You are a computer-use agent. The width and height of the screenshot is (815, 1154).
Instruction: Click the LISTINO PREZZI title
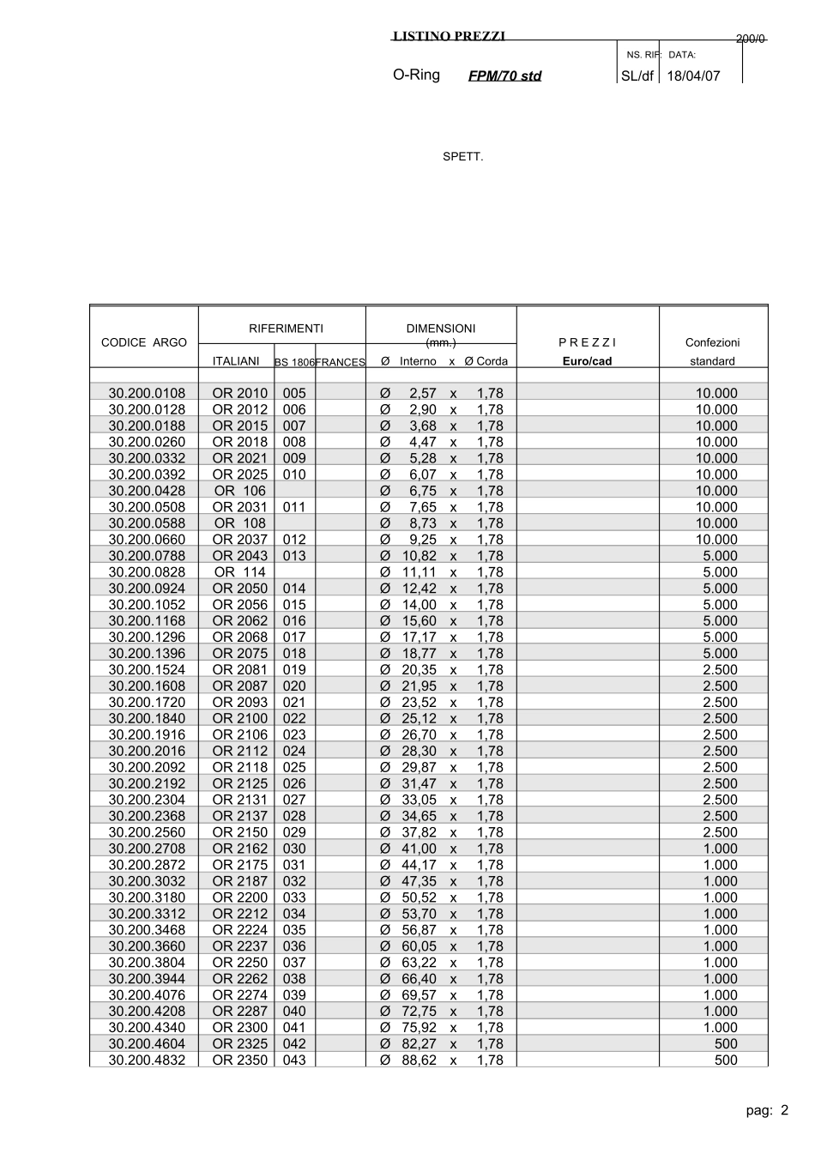(x=449, y=36)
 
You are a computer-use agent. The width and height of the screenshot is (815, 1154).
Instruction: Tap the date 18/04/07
(x=693, y=76)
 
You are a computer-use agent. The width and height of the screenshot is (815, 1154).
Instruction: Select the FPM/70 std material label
(x=504, y=76)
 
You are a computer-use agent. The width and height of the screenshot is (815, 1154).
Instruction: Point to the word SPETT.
(x=462, y=157)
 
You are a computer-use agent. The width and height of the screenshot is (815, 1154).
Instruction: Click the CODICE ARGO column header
(x=143, y=342)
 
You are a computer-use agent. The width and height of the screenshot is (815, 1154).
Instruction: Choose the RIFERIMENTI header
(x=286, y=328)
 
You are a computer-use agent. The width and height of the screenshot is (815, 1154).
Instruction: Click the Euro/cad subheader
(x=587, y=361)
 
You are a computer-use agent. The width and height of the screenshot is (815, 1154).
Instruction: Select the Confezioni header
(x=712, y=342)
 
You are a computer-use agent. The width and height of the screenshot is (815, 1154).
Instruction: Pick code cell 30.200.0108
(x=147, y=393)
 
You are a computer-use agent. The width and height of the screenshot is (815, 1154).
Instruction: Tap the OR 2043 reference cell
(x=239, y=556)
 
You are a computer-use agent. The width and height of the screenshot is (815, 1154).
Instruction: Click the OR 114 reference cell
(x=239, y=572)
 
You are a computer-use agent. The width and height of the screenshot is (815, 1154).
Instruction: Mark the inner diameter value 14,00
(x=420, y=605)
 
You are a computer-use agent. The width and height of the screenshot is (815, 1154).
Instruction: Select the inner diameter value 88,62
(x=419, y=1060)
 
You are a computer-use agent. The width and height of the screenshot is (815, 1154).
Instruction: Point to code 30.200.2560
(x=147, y=832)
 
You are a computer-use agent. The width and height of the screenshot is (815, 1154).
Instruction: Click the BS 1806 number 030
(x=294, y=849)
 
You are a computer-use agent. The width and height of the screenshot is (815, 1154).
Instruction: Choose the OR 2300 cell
(x=239, y=1028)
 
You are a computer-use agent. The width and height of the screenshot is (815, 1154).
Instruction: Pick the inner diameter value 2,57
(x=422, y=393)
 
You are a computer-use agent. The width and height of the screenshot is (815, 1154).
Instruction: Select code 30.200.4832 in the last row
(x=147, y=1060)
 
